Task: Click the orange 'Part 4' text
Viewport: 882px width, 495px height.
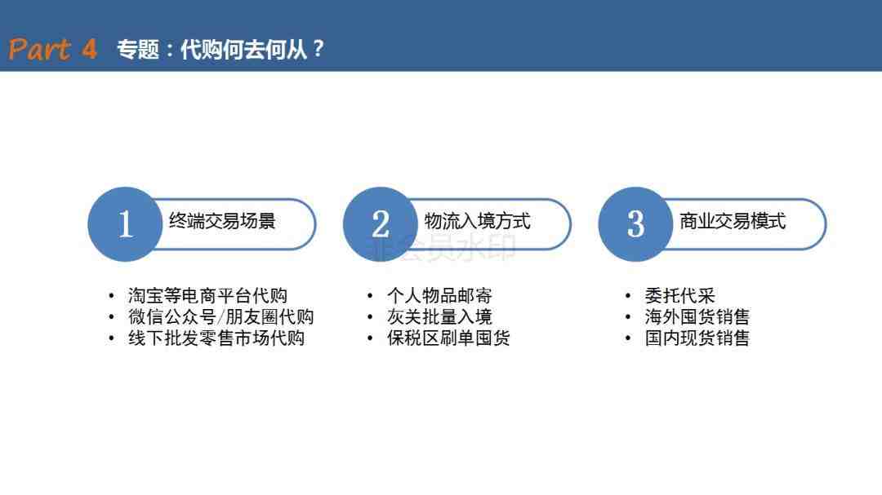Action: [x=52, y=49]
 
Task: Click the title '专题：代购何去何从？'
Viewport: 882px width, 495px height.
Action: [x=220, y=50]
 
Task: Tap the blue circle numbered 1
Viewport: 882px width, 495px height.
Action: [x=125, y=224]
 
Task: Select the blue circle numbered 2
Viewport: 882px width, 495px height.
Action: [x=381, y=224]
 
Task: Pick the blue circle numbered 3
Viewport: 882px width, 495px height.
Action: [x=635, y=224]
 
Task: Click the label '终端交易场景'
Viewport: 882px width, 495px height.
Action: [x=222, y=221]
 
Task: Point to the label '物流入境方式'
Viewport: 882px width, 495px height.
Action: [x=477, y=221]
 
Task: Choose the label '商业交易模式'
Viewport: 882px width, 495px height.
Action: [x=733, y=221]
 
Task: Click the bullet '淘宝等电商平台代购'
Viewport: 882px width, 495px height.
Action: [x=207, y=295]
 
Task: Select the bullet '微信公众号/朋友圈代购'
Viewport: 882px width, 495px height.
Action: [x=221, y=317]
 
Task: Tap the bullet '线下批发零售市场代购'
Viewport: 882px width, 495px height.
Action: [x=216, y=338]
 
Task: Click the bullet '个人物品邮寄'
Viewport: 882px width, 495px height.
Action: [x=439, y=295]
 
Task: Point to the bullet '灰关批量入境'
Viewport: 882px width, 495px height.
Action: [x=439, y=317]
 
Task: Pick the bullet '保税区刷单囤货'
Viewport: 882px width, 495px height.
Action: [x=448, y=338]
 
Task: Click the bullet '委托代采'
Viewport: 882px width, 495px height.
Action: [x=679, y=295]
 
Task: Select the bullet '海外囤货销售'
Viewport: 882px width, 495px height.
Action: [x=697, y=317]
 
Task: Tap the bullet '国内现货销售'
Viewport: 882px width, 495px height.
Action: [x=697, y=338]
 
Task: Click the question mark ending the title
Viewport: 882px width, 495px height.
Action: [x=318, y=49]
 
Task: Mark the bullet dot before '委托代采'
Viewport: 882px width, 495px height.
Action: [x=628, y=295]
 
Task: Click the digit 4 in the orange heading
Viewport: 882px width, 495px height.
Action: [x=90, y=49]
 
